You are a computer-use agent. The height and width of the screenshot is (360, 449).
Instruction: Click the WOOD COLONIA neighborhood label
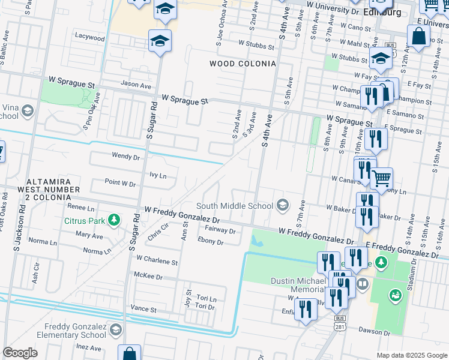(x=243, y=64)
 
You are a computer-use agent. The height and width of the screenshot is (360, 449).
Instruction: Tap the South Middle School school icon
(x=282, y=206)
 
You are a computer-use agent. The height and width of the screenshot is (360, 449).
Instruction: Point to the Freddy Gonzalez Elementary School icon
(x=115, y=329)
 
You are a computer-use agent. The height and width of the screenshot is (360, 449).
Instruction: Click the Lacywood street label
(x=89, y=37)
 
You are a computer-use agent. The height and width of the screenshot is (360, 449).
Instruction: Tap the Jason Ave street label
(x=136, y=86)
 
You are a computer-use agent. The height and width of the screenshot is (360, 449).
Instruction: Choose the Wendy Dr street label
(x=125, y=156)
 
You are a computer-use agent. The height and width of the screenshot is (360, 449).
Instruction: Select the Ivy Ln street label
(x=157, y=176)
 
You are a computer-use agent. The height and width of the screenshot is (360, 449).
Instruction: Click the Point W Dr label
(x=120, y=183)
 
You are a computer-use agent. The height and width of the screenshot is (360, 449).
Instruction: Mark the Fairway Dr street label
(x=220, y=230)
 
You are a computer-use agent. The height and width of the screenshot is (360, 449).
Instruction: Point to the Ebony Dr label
(x=210, y=242)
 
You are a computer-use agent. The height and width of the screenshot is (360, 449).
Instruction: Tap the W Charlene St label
(x=157, y=262)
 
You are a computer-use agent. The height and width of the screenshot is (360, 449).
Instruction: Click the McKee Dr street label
(x=148, y=277)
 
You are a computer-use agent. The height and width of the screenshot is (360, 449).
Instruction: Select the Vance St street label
(x=143, y=310)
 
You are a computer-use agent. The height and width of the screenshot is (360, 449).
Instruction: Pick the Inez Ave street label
(x=88, y=347)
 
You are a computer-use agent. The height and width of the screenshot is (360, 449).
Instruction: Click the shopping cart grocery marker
(x=381, y=178)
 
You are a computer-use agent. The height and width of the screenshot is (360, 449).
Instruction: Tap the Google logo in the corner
(x=20, y=353)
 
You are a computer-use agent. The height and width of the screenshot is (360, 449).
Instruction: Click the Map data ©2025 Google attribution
(x=411, y=355)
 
